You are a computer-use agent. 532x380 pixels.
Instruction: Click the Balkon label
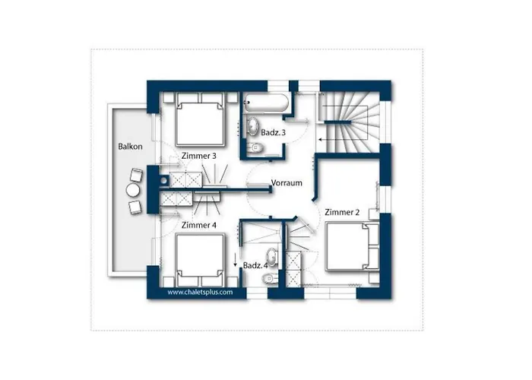[130, 147]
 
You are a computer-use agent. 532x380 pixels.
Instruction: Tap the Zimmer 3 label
[199, 156]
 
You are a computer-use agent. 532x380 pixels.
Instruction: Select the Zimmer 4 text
[199, 225]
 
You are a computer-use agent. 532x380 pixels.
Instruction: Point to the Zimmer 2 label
[342, 212]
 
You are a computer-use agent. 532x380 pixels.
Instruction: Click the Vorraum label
[287, 183]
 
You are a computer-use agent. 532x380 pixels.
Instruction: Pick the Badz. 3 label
[273, 133]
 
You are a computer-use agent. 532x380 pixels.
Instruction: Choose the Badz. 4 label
[255, 265]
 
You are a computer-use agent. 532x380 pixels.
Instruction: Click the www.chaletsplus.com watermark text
[200, 292]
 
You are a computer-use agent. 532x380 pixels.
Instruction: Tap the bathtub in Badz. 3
[266, 103]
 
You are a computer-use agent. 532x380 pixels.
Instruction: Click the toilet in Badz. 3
[255, 147]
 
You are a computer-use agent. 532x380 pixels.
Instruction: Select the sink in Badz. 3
[252, 126]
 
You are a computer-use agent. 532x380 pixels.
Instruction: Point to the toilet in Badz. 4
[270, 279]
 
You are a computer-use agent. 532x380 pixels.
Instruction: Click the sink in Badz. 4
[272, 258]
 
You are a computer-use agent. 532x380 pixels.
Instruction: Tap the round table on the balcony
[133, 190]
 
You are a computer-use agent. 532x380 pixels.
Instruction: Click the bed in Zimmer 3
[201, 119]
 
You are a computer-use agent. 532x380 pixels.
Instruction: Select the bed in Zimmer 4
[201, 260]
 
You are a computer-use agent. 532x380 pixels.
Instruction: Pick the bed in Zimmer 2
[352, 246]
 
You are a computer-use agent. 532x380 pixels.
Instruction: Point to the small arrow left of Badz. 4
[235, 260]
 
